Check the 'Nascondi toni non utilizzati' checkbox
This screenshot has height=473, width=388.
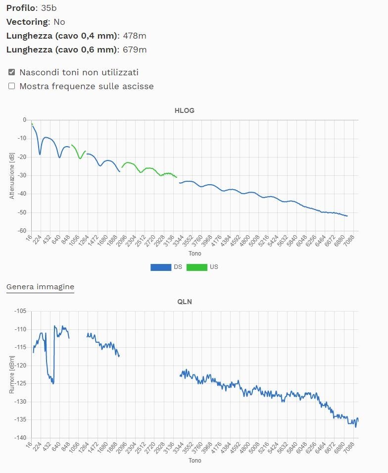pyautogui.click(x=12, y=72)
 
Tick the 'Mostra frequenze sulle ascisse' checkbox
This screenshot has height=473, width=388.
pyautogui.click(x=12, y=86)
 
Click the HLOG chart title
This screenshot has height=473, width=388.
pyautogui.click(x=185, y=110)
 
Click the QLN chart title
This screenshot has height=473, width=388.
pyautogui.click(x=185, y=302)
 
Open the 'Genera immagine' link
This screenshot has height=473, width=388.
pyautogui.click(x=40, y=286)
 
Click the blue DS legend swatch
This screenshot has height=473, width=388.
pyautogui.click(x=161, y=267)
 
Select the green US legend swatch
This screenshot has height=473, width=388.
pyautogui.click(x=196, y=267)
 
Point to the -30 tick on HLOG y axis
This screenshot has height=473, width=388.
pyautogui.click(x=22, y=175)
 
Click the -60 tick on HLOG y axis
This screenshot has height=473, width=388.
pyautogui.click(x=22, y=231)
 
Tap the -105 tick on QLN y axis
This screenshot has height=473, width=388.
pyautogui.click(x=20, y=311)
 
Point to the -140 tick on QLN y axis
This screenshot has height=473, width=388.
pyautogui.click(x=20, y=438)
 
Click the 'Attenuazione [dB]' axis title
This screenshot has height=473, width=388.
pyautogui.click(x=11, y=175)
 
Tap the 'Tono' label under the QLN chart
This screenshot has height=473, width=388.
pyautogui.click(x=194, y=461)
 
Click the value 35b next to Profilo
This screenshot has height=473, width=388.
pyautogui.click(x=47, y=8)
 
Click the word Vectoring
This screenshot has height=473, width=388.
pyautogui.click(x=28, y=22)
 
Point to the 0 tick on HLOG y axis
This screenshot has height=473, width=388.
pyautogui.click(x=24, y=120)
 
